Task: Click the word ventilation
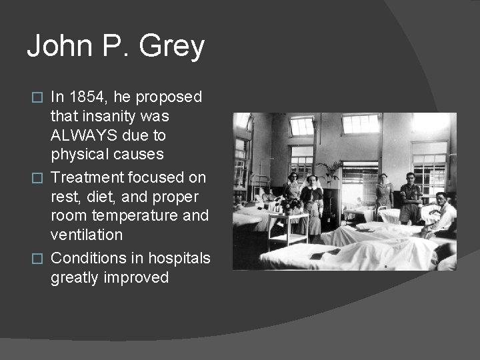(87, 235)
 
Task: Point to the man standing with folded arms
(410, 197)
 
